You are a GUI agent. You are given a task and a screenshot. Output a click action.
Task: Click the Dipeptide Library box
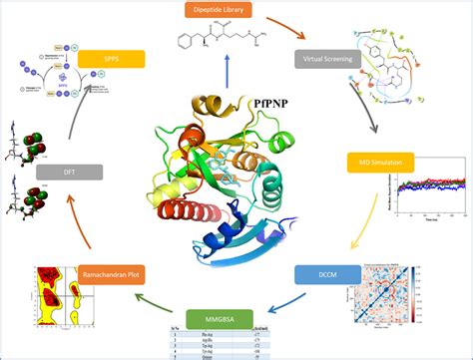coord(232,12)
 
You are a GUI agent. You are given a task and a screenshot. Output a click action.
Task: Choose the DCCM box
coord(320,271)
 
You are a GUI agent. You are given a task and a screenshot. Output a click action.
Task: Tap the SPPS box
coord(111,59)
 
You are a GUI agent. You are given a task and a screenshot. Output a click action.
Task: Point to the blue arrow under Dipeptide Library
coord(232,77)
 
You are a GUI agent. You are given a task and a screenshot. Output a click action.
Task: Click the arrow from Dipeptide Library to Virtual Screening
coord(291,32)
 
